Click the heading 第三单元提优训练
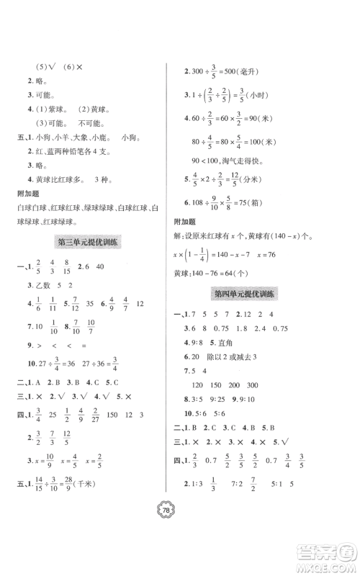tap(88, 243)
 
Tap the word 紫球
tap(56, 109)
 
